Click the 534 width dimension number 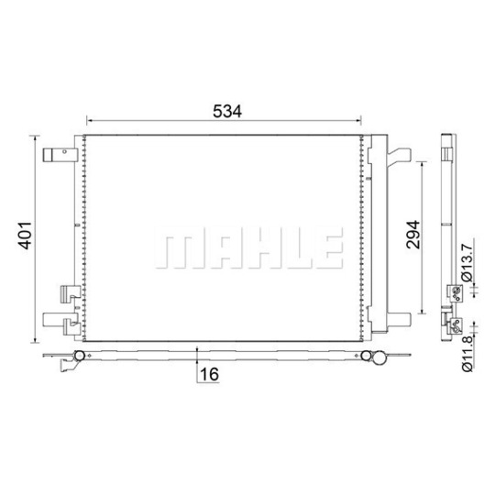(227, 111)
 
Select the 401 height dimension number (25, 236)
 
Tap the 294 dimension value (413, 235)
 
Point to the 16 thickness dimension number (209, 374)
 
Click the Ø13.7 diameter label (467, 258)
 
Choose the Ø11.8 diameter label (467, 354)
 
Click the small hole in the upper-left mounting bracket (64, 151)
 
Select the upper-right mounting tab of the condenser (399, 157)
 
